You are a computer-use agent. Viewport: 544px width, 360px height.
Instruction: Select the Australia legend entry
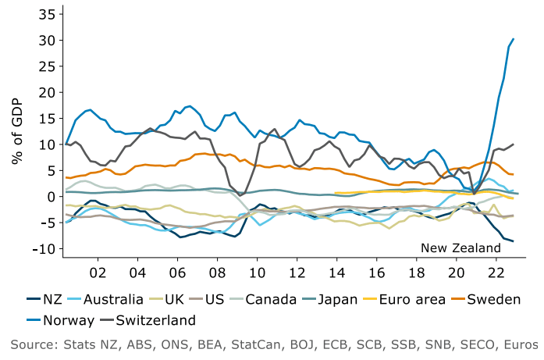112,298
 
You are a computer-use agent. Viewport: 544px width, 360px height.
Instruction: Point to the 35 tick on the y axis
46,14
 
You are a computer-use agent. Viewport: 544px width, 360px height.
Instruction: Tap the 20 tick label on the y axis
46,92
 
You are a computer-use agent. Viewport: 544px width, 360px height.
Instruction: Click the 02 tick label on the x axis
98,274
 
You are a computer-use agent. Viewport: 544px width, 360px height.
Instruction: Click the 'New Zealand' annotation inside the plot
460,248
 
